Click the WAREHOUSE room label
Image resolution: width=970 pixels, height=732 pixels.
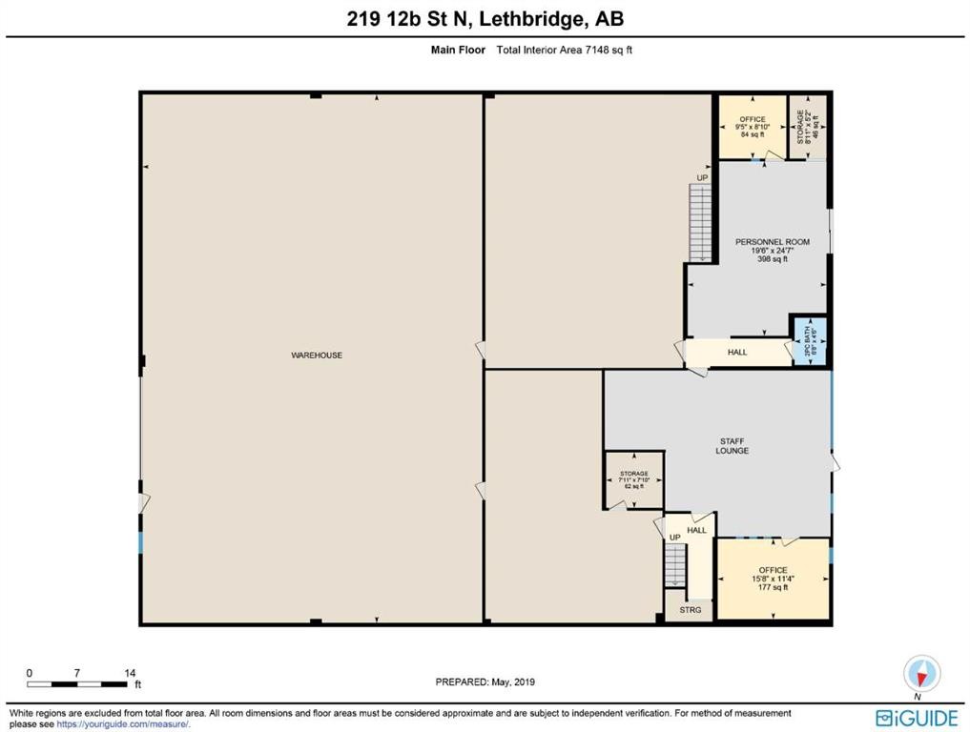(x=317, y=356)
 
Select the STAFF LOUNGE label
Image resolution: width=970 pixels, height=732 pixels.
(x=733, y=445)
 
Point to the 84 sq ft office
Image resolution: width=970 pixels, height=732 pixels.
(x=752, y=127)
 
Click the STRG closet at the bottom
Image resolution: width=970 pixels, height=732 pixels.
(x=691, y=610)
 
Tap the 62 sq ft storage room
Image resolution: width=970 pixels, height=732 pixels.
(x=633, y=479)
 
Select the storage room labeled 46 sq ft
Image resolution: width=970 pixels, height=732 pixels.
(x=809, y=126)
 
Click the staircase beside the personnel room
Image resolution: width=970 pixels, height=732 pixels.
(x=701, y=222)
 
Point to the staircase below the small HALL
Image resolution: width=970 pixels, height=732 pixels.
(x=674, y=566)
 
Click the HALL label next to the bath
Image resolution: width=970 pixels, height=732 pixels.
(x=737, y=353)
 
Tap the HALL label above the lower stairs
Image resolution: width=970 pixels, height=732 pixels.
(x=698, y=531)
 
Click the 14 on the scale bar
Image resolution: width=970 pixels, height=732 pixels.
(x=130, y=673)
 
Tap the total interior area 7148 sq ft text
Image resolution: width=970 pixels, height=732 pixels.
(x=565, y=50)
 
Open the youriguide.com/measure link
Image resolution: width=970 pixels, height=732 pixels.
(x=115, y=724)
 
